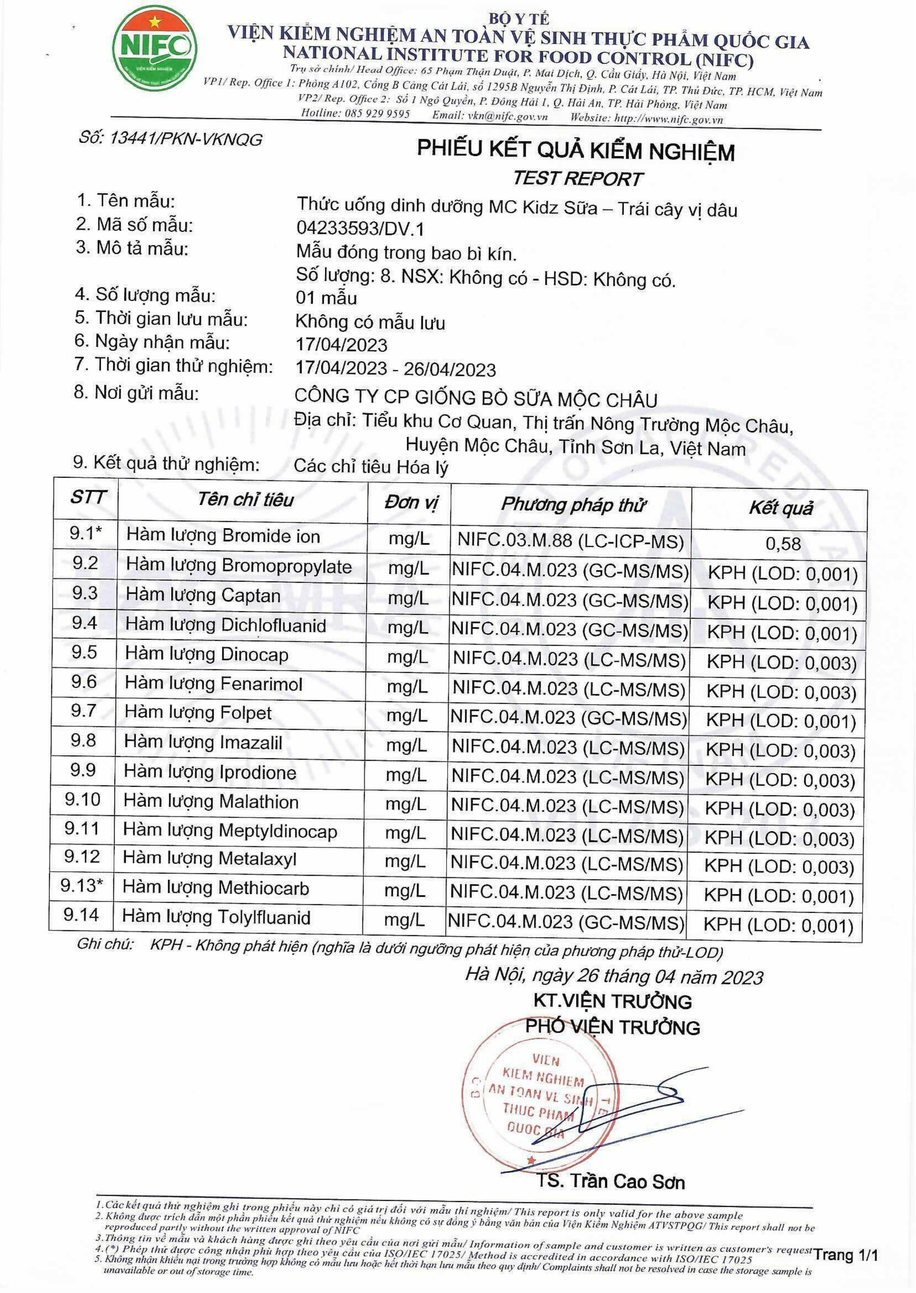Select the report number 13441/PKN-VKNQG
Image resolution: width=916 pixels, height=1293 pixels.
tap(170, 138)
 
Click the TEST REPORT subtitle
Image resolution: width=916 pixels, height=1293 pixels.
tap(577, 179)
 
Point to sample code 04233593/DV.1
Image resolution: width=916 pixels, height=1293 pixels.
tap(360, 228)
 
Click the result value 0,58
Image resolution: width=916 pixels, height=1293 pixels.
tap(783, 544)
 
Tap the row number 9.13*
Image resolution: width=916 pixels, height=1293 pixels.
tap(82, 885)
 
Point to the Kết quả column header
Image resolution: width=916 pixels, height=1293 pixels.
tap(781, 508)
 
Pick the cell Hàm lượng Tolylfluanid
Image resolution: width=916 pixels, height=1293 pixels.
tap(216, 917)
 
